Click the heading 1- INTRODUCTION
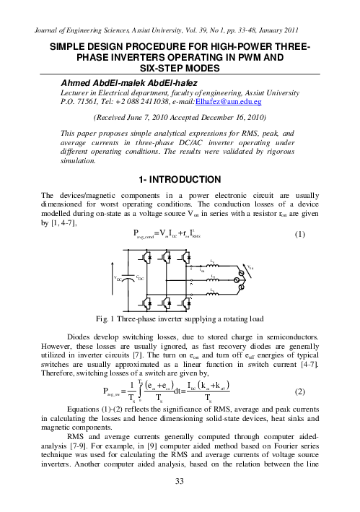coord(180,178)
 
